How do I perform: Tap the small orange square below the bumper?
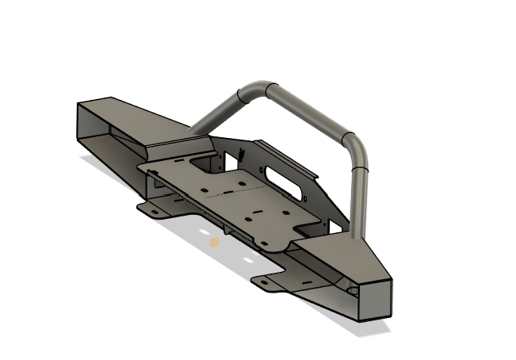tap(214, 243)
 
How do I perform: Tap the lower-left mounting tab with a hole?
tap(155, 209)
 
